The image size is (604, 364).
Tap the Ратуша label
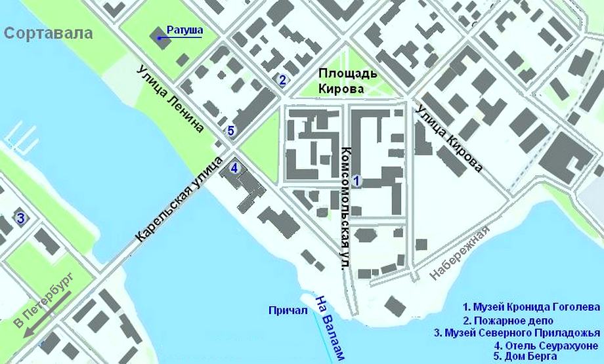tap(184, 30)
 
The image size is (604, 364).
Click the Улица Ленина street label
tap(170, 98)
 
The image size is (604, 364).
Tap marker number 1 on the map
tap(357, 180)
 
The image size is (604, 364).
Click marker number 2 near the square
tap(282, 81)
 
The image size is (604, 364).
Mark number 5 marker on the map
tap(230, 130)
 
